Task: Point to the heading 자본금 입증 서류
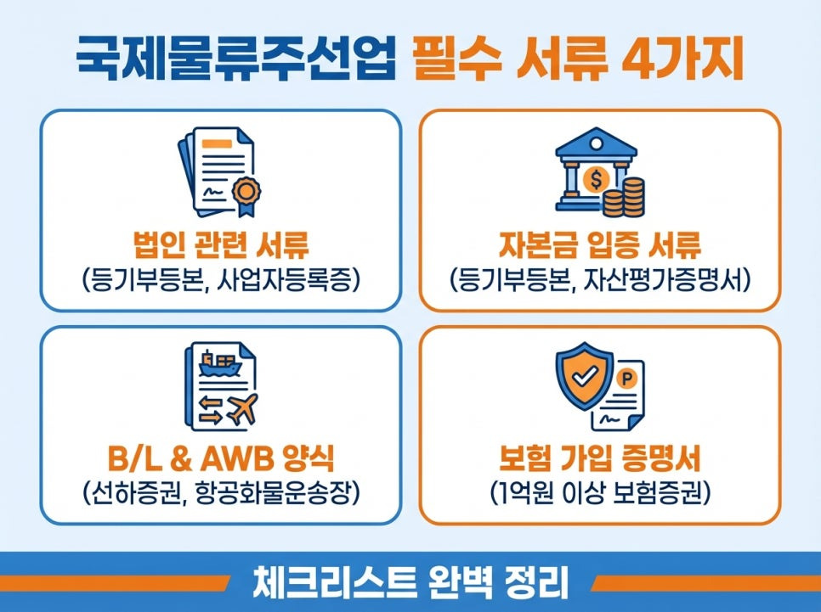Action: tap(600, 245)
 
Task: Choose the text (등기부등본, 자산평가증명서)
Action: tap(600, 279)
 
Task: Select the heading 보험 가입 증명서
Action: tap(600, 459)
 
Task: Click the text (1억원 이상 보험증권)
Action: tap(600, 493)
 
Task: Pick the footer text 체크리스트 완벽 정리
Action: tap(410, 583)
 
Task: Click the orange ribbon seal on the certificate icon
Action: tap(249, 188)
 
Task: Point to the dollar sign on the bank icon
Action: tap(595, 179)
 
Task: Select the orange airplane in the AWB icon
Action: tap(243, 409)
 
